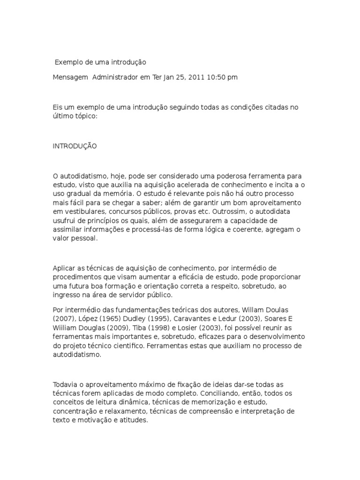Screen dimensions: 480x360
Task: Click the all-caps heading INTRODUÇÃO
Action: pyautogui.click(x=75, y=146)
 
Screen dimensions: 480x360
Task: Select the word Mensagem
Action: pyautogui.click(x=70, y=77)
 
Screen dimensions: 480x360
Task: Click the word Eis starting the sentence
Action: pyautogui.click(x=58, y=107)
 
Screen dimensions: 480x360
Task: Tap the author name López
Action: pyautogui.click(x=85, y=319)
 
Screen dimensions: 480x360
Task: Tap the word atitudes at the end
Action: pyautogui.click(x=134, y=420)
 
